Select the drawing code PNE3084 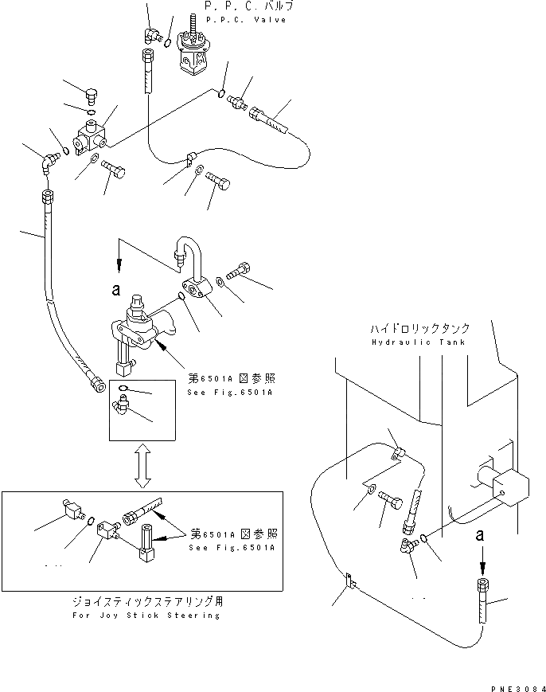pos(517,686)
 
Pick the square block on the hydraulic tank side pos(509,486)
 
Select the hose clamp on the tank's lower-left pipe pos(349,582)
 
